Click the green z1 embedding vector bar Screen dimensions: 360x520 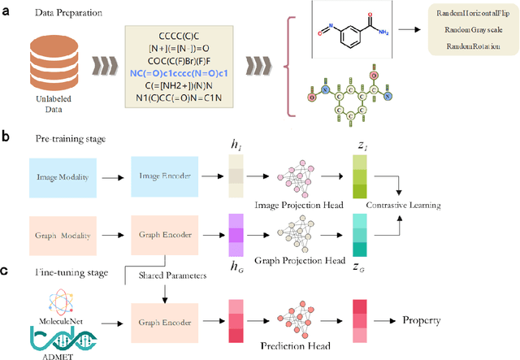click(360, 176)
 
